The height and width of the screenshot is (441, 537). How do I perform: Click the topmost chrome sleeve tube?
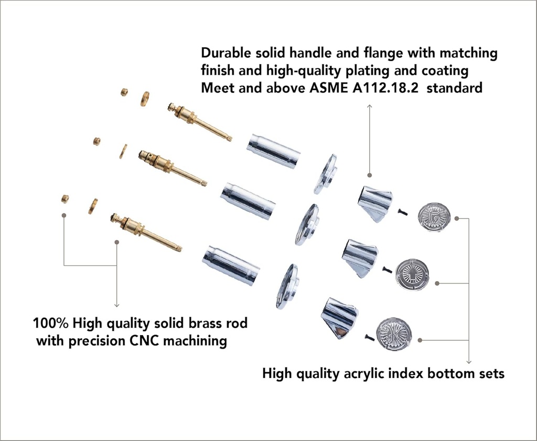click(273, 151)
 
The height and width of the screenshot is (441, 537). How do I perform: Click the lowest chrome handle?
click(339, 318)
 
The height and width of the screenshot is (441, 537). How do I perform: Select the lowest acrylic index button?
click(394, 334)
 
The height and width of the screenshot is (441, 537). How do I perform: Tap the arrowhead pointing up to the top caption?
click(369, 106)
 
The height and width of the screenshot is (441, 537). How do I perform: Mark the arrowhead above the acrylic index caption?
click(468, 362)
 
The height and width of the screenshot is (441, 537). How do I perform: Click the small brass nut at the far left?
click(65, 199)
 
